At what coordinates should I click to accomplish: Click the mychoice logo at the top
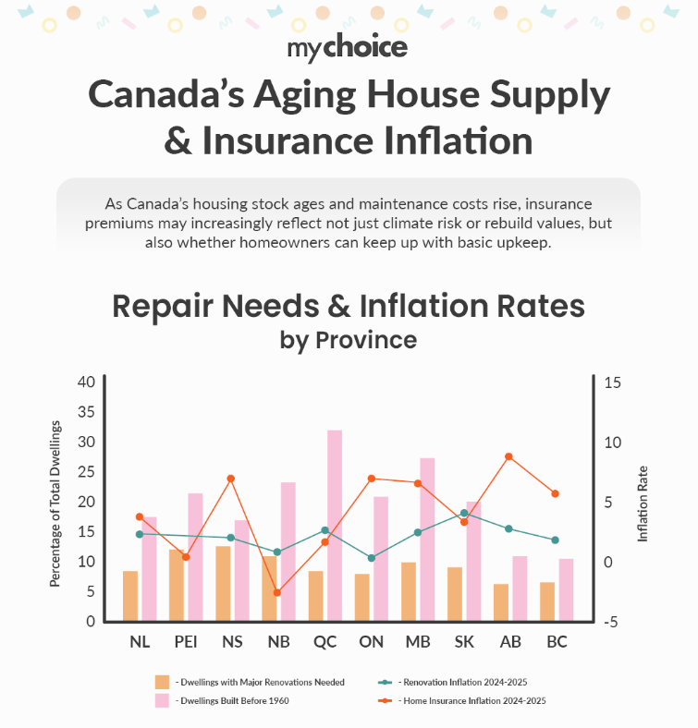[x=348, y=45]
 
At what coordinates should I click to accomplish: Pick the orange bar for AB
[x=501, y=602]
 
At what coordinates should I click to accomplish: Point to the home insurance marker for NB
[x=276, y=592]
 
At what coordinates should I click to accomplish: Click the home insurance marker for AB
[x=508, y=456]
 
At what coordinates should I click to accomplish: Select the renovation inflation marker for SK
[x=464, y=513]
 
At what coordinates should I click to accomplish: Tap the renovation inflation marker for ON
[x=372, y=558]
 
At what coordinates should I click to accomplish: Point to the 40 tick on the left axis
[x=86, y=382]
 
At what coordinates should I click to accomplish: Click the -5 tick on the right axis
[x=612, y=622]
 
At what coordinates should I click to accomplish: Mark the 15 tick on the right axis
[x=613, y=382]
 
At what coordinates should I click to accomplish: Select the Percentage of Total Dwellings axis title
[x=55, y=503]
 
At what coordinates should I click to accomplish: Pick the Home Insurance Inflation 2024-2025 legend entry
[x=474, y=700]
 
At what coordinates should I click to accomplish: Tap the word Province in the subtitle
[x=366, y=339]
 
